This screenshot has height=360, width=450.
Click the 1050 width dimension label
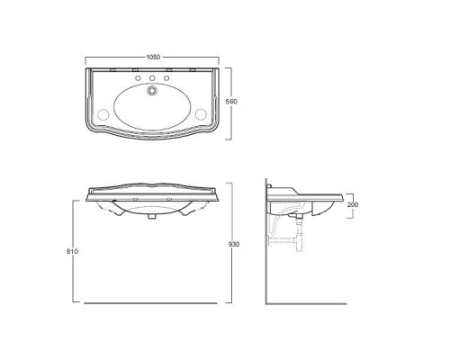(x=153, y=57)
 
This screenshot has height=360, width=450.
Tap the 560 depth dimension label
(x=231, y=102)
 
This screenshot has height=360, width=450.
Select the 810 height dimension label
(x=72, y=251)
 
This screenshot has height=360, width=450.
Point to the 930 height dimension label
(x=234, y=245)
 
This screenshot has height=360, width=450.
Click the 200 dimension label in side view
(x=353, y=204)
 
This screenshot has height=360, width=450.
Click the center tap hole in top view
(x=152, y=78)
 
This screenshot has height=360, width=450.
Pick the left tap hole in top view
(x=138, y=78)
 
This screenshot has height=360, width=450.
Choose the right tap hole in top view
(x=166, y=78)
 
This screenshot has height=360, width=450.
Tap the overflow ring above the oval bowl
(x=152, y=90)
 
